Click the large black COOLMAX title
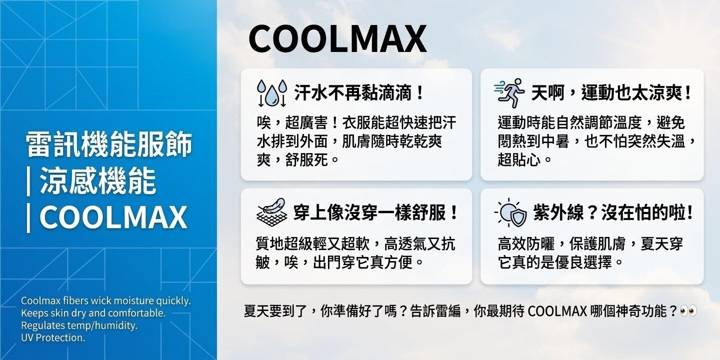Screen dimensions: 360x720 click(x=337, y=39)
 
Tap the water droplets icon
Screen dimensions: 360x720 click(x=271, y=92)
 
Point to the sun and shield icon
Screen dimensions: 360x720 click(x=510, y=212)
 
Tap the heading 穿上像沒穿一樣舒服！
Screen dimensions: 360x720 click(x=376, y=212)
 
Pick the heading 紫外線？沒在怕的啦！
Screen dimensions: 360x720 click(x=613, y=212)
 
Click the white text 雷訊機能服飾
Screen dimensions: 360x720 click(x=109, y=145)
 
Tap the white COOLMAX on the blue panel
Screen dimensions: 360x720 click(x=113, y=217)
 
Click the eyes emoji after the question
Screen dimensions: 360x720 click(x=688, y=311)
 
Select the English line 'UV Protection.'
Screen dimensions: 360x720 click(x=53, y=337)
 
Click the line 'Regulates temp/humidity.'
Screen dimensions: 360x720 click(x=79, y=325)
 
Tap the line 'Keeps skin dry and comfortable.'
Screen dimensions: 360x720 click(x=93, y=313)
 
